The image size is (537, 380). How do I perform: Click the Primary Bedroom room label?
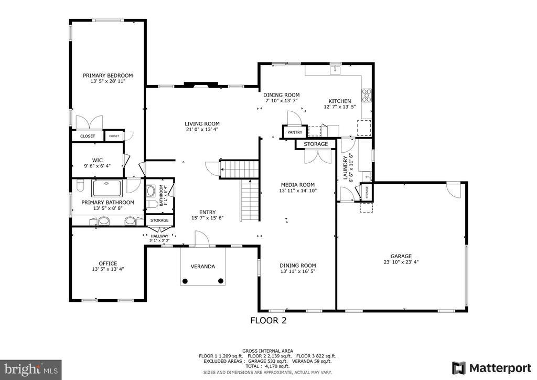point(108,75)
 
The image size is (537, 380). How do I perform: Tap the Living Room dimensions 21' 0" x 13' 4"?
point(202,130)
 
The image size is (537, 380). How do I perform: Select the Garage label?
point(401,256)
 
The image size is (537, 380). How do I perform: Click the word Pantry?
point(294,132)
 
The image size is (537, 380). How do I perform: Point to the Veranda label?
point(202,266)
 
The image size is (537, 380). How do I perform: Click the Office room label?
point(108,263)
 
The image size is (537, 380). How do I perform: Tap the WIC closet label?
point(97,160)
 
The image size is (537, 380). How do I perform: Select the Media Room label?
point(297,184)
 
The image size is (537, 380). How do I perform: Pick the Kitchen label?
point(339,101)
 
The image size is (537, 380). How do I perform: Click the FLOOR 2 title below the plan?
point(268,320)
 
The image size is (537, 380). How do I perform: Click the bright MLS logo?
point(30,369)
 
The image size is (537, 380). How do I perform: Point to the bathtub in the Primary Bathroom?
point(108,187)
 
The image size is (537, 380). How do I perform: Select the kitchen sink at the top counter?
point(334,70)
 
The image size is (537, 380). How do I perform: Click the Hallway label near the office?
point(159,236)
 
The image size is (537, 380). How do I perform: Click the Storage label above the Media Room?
point(316,144)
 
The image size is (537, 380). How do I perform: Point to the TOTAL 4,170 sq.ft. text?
point(267,366)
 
